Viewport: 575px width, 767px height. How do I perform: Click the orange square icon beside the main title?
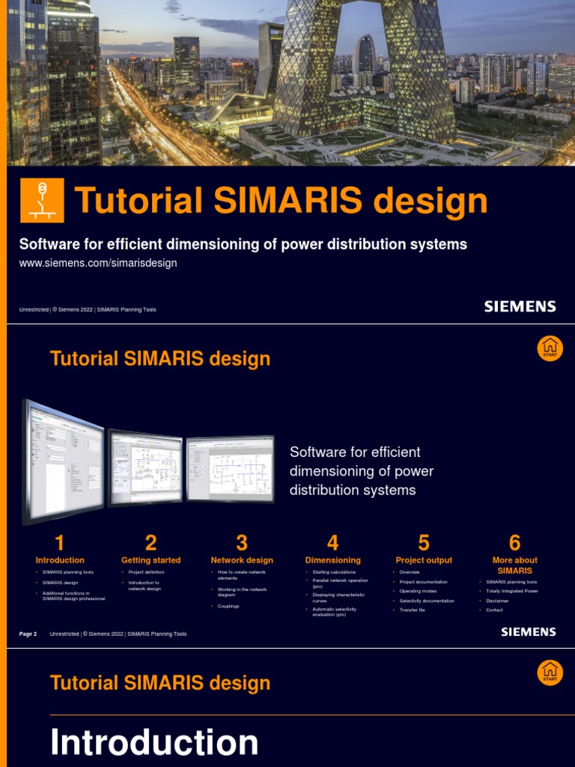(42, 200)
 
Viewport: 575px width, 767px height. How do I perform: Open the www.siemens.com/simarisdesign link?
(97, 264)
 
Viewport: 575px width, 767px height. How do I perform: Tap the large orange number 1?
(60, 543)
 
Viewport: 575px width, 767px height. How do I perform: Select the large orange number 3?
(242, 543)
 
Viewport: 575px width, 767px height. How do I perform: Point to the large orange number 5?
(424, 543)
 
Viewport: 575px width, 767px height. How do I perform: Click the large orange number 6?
(514, 543)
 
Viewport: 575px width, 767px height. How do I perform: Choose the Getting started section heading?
(150, 560)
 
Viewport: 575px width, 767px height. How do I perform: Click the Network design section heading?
(242, 560)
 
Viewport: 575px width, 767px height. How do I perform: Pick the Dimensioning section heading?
(332, 560)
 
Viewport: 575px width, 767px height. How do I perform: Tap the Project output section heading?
(424, 560)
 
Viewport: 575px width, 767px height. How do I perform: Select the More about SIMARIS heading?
(514, 565)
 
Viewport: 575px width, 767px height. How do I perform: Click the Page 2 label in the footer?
(28, 634)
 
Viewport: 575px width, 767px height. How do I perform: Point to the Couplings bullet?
(228, 606)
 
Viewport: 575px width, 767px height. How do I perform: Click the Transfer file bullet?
(412, 610)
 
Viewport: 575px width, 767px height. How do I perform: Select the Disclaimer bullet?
(497, 601)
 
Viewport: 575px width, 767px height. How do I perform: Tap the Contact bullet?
(494, 610)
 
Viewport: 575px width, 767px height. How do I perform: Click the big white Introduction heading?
(154, 742)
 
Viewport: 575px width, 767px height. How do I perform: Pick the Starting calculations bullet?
(334, 572)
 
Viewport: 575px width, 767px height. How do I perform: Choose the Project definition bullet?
(146, 572)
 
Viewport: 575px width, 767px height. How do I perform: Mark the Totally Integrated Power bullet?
(512, 591)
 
